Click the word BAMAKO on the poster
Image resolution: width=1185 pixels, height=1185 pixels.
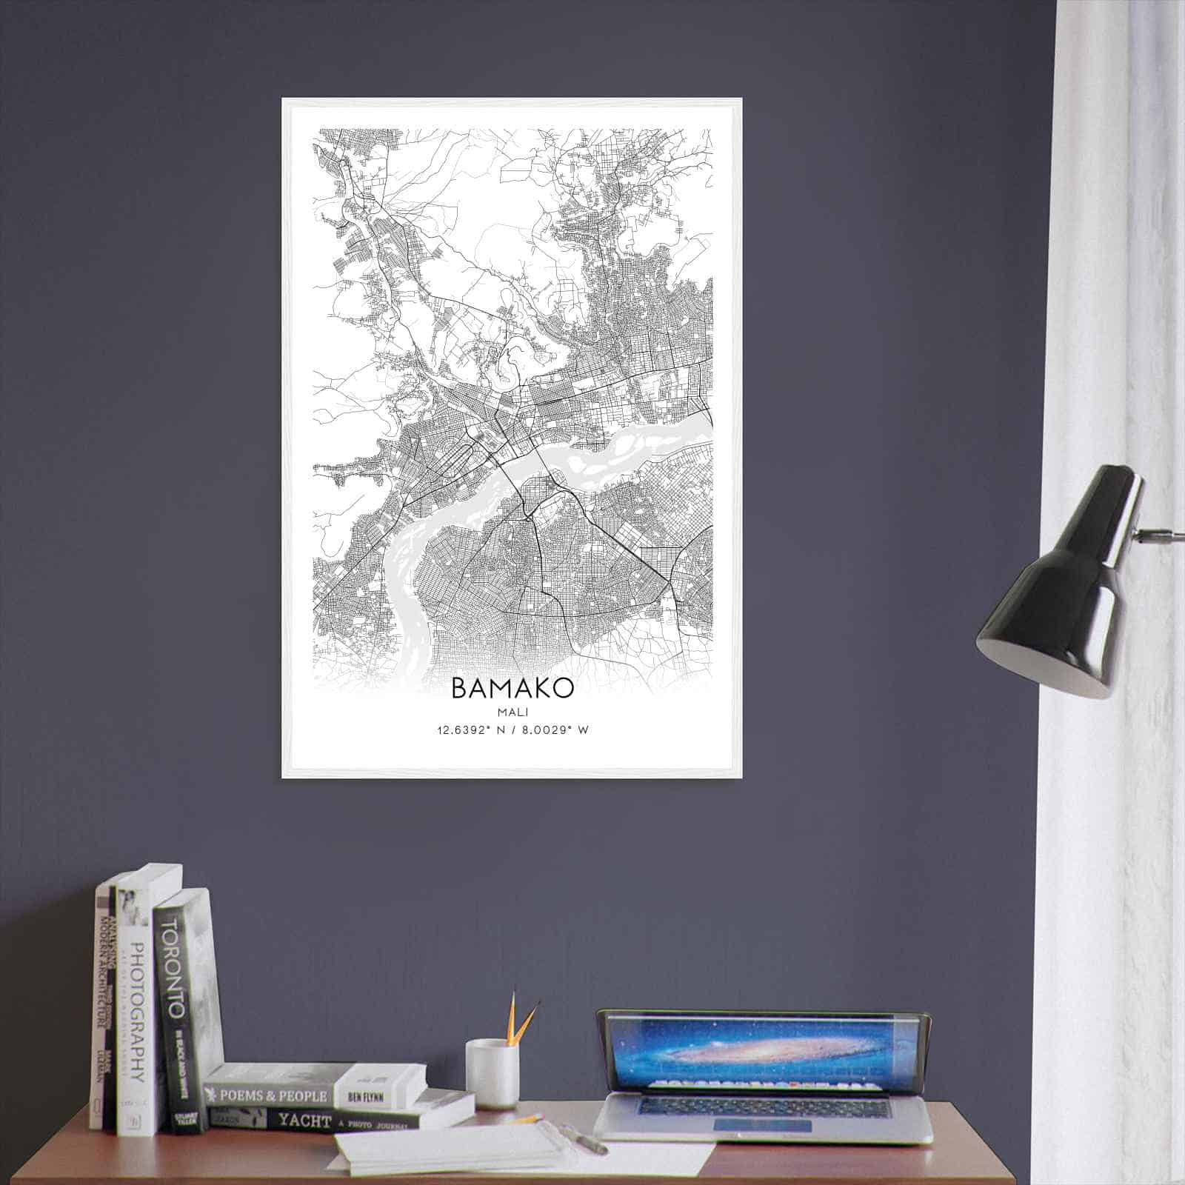point(512,688)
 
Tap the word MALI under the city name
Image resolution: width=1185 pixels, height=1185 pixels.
point(512,712)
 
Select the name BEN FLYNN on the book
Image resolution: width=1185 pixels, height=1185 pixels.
point(365,1096)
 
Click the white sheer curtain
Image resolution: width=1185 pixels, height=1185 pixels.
point(1111,296)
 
